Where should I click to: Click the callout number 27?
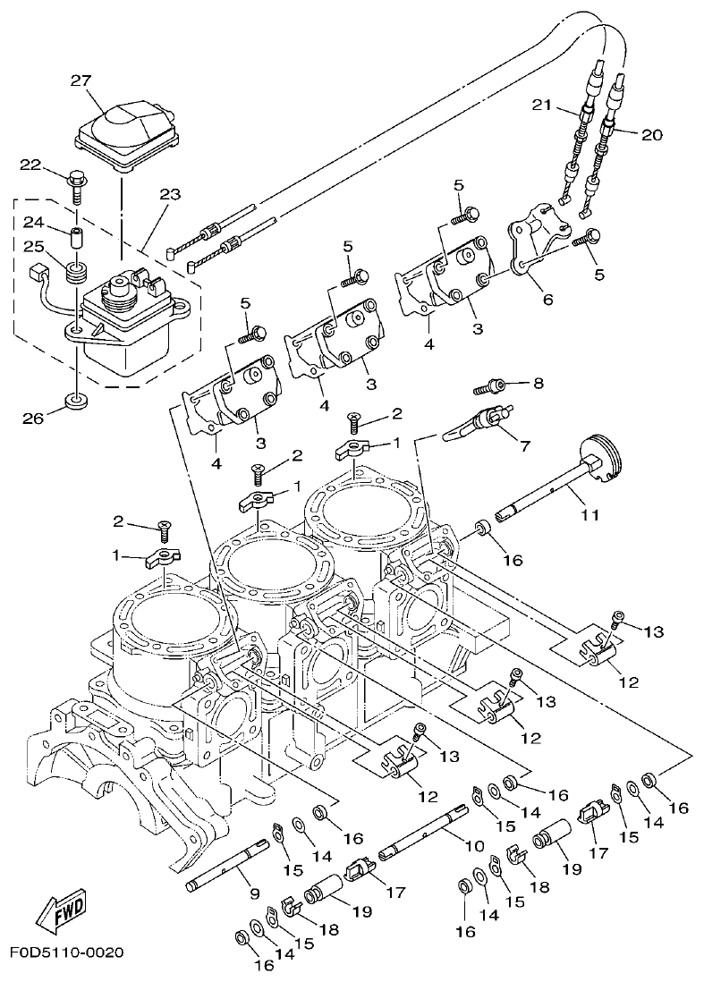point(81,80)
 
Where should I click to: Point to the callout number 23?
point(169,194)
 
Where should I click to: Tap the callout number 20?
point(651,135)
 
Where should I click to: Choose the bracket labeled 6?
point(537,237)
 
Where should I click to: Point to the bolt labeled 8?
point(488,387)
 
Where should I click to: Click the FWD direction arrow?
point(64,910)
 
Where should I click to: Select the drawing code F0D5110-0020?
point(67,952)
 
